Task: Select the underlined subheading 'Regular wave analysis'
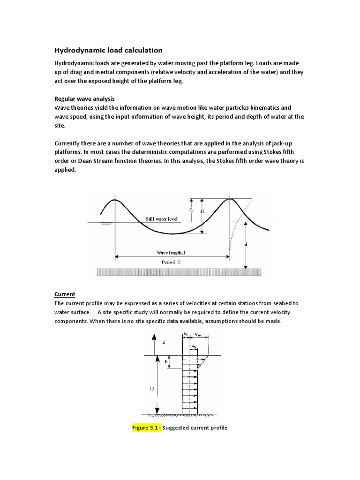tap(84, 98)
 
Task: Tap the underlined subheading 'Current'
tap(65, 294)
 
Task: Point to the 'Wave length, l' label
tap(172, 252)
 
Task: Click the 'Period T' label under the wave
tap(171, 262)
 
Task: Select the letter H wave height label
tap(202, 211)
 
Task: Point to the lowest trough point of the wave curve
tap(172, 233)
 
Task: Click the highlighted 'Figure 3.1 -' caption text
tap(147, 427)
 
